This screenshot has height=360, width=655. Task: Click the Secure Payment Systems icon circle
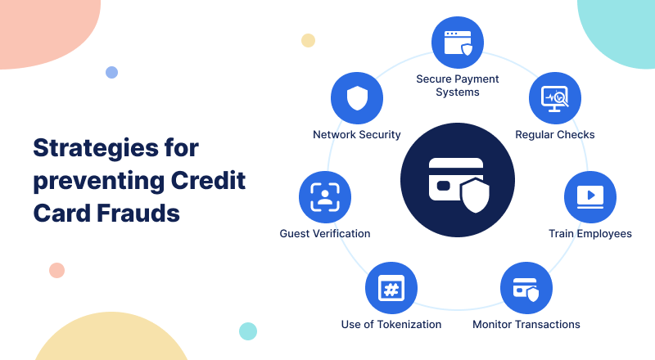point(458,43)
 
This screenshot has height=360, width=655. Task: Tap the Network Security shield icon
point(357,98)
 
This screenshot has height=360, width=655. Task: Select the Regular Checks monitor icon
point(555,98)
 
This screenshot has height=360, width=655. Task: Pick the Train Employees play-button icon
point(590,197)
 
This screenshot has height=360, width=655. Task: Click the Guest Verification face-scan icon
point(325,197)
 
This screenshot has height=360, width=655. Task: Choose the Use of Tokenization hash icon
point(391,288)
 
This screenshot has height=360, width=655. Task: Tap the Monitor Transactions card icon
point(526,288)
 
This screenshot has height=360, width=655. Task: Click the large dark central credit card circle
point(458,180)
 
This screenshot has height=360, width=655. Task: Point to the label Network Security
point(357,134)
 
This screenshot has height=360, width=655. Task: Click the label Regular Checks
point(555,134)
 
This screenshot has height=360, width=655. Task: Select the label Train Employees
point(590,233)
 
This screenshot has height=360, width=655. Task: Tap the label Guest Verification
point(325,233)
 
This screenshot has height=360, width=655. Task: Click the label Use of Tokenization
point(391,325)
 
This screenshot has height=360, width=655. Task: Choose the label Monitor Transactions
point(526,325)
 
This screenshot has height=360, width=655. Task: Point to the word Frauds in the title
point(138,213)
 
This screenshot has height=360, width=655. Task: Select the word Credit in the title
point(208,181)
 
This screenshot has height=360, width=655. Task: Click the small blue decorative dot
point(111,72)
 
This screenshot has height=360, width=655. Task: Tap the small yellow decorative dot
point(308,41)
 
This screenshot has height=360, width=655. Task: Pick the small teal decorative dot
point(248,331)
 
